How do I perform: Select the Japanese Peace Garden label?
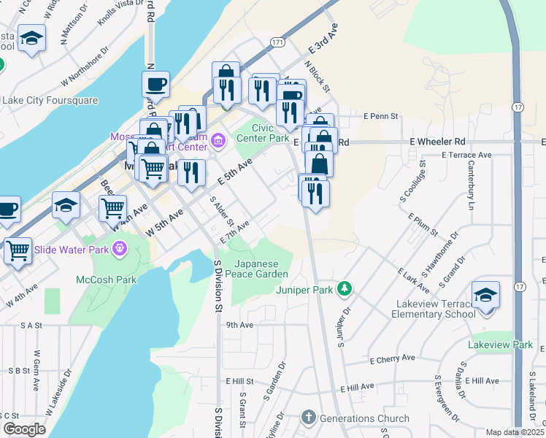(x=261, y=268)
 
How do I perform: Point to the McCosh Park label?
(x=107, y=279)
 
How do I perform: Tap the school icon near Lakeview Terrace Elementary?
(x=485, y=296)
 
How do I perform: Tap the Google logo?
(x=23, y=429)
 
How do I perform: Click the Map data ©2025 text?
(x=515, y=432)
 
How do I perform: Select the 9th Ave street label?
(x=239, y=326)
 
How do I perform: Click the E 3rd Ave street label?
(x=324, y=40)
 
